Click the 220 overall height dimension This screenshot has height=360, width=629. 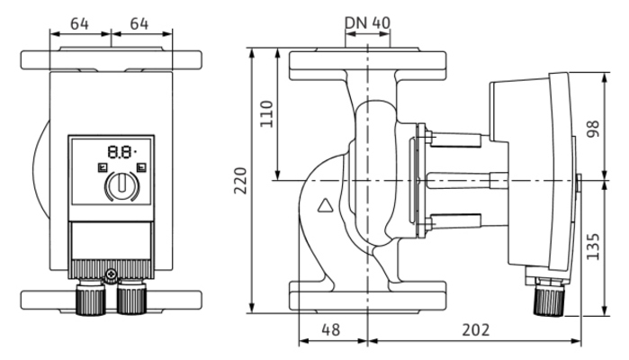point(238,184)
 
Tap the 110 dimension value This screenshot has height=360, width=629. point(266,114)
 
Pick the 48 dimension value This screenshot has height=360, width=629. point(331,330)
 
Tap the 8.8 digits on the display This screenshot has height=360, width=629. point(118,153)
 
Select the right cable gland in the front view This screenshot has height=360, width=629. point(131,296)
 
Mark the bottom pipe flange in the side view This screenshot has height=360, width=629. point(367,297)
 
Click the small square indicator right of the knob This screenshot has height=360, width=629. point(141,168)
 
